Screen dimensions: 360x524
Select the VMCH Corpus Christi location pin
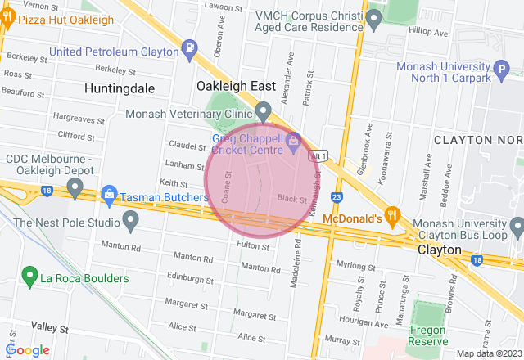(374, 16)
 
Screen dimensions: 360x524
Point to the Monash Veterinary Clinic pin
(264, 110)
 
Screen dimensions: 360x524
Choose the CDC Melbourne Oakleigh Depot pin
(75, 189)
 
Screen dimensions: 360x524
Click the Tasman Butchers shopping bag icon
(108, 195)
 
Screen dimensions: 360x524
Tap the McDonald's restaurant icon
(393, 216)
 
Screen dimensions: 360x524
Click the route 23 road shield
(337, 197)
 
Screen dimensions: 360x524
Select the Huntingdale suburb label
(118, 87)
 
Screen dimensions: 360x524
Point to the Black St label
(291, 199)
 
